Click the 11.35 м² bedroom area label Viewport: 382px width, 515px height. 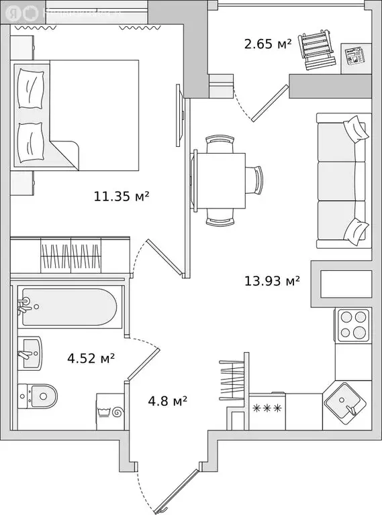click(121, 196)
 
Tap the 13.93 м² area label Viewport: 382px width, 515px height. click(272, 280)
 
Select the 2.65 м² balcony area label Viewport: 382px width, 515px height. click(267, 44)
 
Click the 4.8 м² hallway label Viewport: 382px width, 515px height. click(167, 401)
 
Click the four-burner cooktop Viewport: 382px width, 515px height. click(353, 325)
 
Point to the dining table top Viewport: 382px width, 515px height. click(220, 180)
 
